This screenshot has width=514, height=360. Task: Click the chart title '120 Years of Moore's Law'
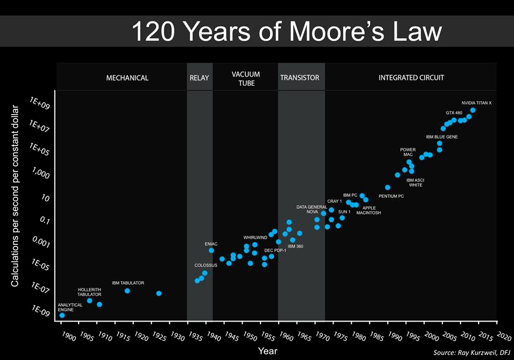(286, 32)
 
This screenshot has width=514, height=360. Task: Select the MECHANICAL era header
(127, 78)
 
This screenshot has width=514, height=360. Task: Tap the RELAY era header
(199, 78)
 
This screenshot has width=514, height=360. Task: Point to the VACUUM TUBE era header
(246, 79)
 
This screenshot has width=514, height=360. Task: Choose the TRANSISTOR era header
(299, 78)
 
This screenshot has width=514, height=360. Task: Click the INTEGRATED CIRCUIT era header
(411, 78)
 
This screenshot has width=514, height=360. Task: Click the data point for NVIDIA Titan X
(473, 110)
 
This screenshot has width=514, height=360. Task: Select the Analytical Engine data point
(62, 315)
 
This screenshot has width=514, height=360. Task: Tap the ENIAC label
(211, 244)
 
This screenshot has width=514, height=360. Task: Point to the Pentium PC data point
(388, 188)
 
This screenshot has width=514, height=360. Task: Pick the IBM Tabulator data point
(127, 290)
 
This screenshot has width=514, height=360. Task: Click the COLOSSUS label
(206, 265)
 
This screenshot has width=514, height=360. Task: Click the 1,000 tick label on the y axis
(41, 175)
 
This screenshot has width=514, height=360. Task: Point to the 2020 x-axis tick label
(504, 336)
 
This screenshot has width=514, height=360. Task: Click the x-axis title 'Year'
(267, 351)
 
